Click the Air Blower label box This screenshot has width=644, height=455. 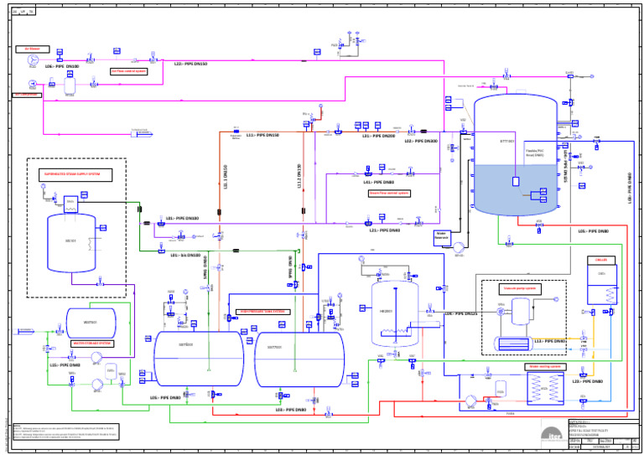click(x=31, y=49)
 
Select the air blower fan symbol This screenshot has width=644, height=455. click(x=33, y=61)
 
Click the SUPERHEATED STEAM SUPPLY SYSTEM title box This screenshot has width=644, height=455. click(x=73, y=174)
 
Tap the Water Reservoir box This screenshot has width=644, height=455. click(x=442, y=236)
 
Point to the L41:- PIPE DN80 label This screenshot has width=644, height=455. click(x=378, y=181)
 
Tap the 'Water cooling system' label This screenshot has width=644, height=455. click(x=543, y=366)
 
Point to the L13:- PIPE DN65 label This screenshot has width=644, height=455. click(x=549, y=341)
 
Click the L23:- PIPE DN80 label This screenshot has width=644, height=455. click(x=588, y=381)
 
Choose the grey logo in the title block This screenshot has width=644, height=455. click(x=553, y=432)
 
